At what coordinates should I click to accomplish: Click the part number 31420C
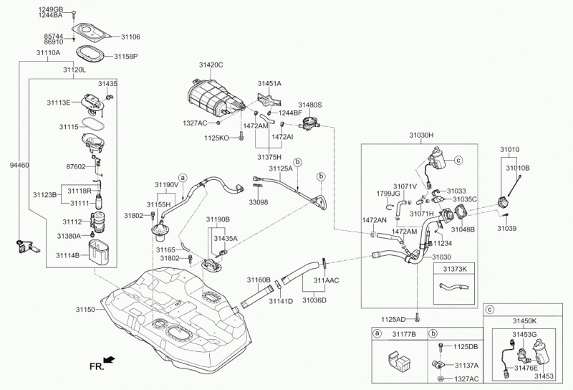tap(211, 65)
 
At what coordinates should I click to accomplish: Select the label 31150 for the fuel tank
tap(85, 310)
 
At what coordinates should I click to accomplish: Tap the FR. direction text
tap(96, 366)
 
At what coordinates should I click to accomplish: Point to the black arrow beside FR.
tap(110, 360)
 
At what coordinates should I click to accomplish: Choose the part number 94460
tap(18, 166)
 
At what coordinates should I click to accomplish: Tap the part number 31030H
tap(421, 134)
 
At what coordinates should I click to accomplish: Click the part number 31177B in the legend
tap(405, 334)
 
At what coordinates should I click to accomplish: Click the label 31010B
tap(518, 168)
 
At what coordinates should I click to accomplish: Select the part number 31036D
tap(314, 300)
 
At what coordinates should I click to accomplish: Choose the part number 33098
tap(259, 202)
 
